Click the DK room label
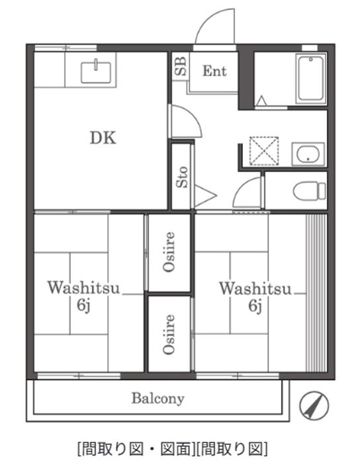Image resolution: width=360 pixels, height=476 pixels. pyautogui.click(x=103, y=138)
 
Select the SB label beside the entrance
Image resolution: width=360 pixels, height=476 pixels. pyautogui.click(x=181, y=67)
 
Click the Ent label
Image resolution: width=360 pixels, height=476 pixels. pyautogui.click(x=214, y=71)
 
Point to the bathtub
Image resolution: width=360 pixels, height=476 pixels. pyautogui.click(x=310, y=79)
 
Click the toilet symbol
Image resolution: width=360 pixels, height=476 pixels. pyautogui.click(x=309, y=191)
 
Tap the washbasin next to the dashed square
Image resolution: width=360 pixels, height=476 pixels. pyautogui.click(x=308, y=154)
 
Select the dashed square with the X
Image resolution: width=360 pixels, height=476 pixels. pyautogui.click(x=263, y=151)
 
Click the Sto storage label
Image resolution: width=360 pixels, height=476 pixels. pyautogui.click(x=182, y=177)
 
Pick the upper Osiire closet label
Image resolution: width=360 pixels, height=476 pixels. pyautogui.click(x=169, y=252)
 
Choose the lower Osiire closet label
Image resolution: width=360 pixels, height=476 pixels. pyautogui.click(x=169, y=334)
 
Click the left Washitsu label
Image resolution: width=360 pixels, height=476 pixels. pyautogui.click(x=83, y=288)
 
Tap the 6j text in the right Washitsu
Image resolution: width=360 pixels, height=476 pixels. pyautogui.click(x=255, y=305)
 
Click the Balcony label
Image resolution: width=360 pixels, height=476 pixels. pyautogui.click(x=158, y=399)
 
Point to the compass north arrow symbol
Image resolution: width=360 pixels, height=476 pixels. pyautogui.click(x=314, y=405)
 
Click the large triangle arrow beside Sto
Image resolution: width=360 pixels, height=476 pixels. pyautogui.click(x=205, y=195)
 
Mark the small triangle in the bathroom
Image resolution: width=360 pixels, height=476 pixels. pyautogui.click(x=261, y=100)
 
